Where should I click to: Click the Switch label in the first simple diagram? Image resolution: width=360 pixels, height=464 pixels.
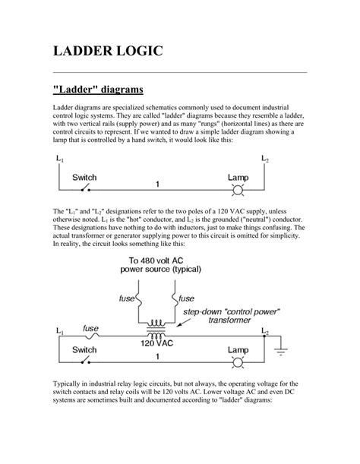pyautogui.click(x=84, y=177)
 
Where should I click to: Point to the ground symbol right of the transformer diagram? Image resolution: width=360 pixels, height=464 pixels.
pyautogui.click(x=283, y=352)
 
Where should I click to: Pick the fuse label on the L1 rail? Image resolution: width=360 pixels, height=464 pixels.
pyautogui.click(x=90, y=328)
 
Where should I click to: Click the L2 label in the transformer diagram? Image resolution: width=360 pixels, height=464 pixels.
pyautogui.click(x=264, y=332)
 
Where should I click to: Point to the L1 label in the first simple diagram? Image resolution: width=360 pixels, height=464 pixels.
pyautogui.click(x=60, y=159)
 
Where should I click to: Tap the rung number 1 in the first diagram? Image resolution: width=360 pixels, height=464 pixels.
pyautogui.click(x=156, y=184)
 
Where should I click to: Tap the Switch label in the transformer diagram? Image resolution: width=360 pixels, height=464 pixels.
pyautogui.click(x=84, y=350)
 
